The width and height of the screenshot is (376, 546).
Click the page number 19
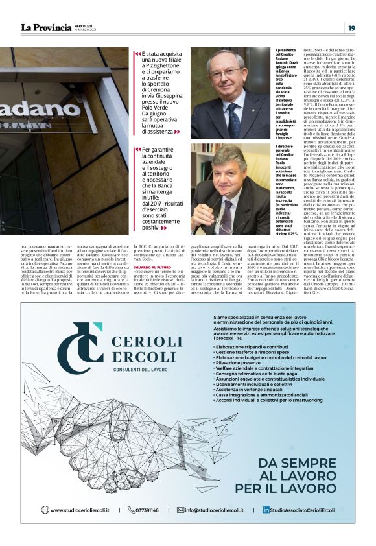351,27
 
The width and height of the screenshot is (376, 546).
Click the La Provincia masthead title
46,27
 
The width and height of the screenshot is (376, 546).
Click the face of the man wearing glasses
226,71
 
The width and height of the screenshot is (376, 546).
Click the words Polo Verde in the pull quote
156,106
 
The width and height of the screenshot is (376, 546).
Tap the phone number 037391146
147,510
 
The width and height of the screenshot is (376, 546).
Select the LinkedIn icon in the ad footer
266,510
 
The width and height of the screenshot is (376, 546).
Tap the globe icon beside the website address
45,510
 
